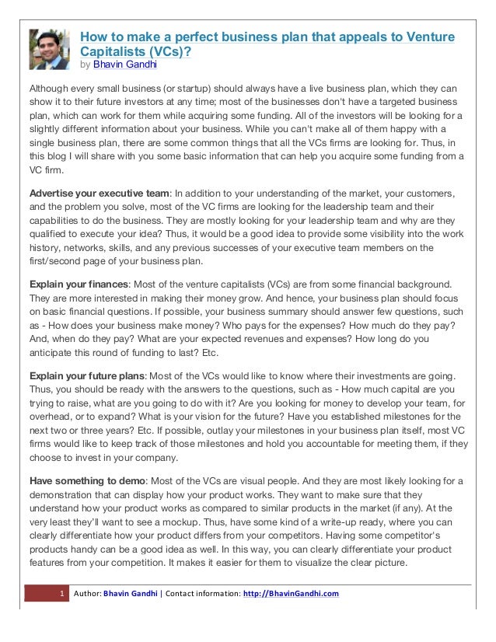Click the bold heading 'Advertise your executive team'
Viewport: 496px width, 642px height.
click(99, 193)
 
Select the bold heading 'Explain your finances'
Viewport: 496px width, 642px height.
click(78, 284)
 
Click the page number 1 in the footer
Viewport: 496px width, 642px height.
click(60, 595)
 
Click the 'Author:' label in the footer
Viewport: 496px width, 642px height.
click(88, 595)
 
